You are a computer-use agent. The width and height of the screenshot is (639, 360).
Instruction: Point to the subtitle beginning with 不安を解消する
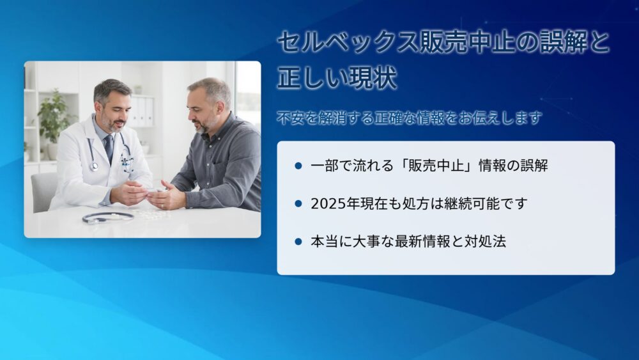pos(409,118)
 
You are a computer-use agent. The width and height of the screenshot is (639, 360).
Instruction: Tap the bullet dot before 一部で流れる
pos(298,166)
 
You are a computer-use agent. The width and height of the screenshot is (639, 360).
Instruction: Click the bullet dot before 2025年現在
pos(298,203)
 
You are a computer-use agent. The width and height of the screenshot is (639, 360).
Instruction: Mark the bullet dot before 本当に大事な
pos(298,241)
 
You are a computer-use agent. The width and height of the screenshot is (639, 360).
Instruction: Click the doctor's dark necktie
pos(109,148)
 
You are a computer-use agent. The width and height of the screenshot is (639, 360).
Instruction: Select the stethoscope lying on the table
pos(108,217)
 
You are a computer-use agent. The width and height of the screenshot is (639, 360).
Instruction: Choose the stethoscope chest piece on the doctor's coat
pos(95,166)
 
